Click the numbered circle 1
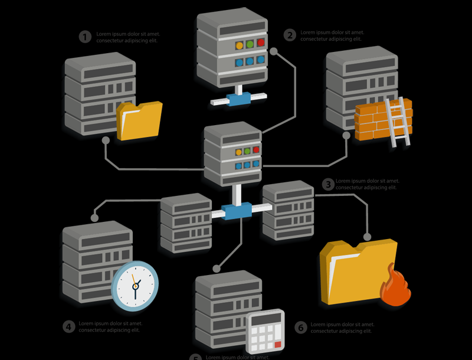point(86,37)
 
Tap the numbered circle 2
point(289,35)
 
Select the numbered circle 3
point(328,185)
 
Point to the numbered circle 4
point(69,326)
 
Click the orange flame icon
point(395,286)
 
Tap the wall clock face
point(135,286)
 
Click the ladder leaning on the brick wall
point(398,121)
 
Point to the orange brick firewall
point(373,122)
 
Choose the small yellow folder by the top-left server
point(139,121)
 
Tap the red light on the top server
point(260,42)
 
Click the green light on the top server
point(250,44)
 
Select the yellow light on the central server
point(238,152)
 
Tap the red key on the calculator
point(278,344)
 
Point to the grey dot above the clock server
point(94,218)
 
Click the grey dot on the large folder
point(367,237)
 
